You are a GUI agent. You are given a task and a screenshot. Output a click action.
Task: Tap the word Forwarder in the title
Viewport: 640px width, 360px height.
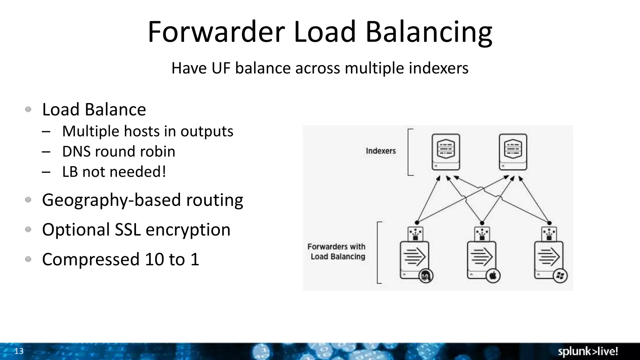click(x=216, y=32)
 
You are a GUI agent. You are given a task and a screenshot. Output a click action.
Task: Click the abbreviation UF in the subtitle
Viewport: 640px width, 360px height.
click(x=221, y=68)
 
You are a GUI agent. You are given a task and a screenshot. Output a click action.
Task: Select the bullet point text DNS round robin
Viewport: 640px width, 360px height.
click(x=119, y=152)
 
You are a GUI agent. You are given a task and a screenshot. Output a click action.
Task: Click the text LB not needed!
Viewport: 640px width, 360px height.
click(x=114, y=172)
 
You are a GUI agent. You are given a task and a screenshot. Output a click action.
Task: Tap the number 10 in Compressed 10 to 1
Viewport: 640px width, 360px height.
click(x=154, y=259)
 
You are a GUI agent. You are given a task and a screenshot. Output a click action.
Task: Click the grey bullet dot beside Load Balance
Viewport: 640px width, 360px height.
click(x=28, y=109)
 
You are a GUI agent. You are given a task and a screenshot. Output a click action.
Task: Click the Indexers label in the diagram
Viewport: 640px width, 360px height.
click(x=381, y=151)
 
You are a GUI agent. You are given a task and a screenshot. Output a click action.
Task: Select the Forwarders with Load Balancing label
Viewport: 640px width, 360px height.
click(x=337, y=252)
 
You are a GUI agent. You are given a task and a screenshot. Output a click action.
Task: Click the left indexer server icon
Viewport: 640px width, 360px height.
click(x=446, y=152)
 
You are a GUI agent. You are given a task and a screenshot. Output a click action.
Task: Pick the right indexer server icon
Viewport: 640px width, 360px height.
click(x=513, y=152)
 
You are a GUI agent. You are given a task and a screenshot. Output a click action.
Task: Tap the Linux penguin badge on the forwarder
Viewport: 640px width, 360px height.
click(x=425, y=276)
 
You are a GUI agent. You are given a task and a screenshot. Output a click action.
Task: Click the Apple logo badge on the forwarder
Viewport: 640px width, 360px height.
click(x=493, y=276)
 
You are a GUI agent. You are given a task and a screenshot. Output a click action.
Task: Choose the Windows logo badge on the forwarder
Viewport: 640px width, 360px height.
click(x=560, y=276)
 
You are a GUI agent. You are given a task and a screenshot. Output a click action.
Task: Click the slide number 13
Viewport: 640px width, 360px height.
click(x=19, y=351)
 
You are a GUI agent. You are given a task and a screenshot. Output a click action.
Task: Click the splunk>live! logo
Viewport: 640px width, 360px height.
click(x=588, y=352)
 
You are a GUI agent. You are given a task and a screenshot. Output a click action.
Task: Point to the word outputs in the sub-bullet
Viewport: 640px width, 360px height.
click(x=207, y=131)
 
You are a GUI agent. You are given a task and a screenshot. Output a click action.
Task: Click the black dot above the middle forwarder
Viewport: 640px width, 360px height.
click(x=482, y=223)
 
